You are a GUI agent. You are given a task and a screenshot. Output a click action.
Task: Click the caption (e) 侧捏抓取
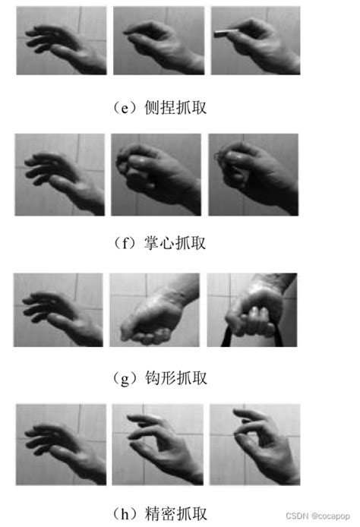(159, 108)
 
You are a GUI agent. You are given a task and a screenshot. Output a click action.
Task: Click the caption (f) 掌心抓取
(159, 243)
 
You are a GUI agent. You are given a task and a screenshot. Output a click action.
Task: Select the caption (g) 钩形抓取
(159, 378)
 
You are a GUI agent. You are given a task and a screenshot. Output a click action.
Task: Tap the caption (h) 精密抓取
(159, 513)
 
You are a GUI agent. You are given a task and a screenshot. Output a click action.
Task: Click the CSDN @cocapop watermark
(317, 516)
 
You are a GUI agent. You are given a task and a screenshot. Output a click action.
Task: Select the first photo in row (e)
(62, 40)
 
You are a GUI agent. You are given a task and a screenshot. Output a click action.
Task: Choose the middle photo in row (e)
(159, 40)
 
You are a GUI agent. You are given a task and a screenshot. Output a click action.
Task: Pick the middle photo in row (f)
(156, 175)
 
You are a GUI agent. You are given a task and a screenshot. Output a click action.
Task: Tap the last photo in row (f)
(253, 175)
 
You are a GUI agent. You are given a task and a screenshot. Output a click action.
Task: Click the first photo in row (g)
(58, 310)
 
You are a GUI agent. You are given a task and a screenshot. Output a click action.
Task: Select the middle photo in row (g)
(155, 310)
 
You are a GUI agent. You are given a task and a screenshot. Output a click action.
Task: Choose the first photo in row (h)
(62, 444)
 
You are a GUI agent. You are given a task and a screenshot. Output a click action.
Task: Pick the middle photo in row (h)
(158, 444)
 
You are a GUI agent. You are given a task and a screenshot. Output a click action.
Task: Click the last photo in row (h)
(254, 444)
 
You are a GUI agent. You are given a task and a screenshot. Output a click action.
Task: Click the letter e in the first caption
(125, 109)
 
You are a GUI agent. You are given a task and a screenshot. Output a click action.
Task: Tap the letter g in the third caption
(125, 380)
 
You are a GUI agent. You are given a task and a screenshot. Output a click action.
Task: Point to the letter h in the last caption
(125, 513)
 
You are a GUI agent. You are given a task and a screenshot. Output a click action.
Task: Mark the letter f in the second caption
(125, 243)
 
